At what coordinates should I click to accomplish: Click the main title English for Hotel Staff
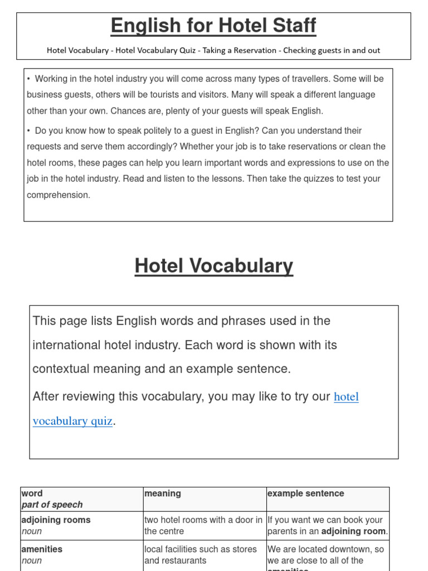(x=213, y=26)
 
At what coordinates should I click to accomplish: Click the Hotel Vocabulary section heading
(x=213, y=266)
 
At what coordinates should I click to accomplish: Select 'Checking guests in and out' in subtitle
(x=332, y=51)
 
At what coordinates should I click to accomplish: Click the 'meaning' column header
(x=162, y=493)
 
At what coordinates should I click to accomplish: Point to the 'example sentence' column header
(x=305, y=493)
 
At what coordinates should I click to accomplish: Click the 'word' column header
(x=32, y=493)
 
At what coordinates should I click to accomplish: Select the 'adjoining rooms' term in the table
(x=56, y=520)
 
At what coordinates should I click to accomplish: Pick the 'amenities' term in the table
(x=42, y=549)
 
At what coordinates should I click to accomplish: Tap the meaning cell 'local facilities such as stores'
(x=200, y=549)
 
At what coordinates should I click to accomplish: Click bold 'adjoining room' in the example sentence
(x=354, y=531)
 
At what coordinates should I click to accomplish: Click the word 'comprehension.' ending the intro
(x=59, y=195)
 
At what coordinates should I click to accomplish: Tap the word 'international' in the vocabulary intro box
(x=67, y=345)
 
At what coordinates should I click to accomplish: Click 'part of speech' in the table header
(x=52, y=505)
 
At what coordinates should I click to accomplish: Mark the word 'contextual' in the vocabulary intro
(x=64, y=369)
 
